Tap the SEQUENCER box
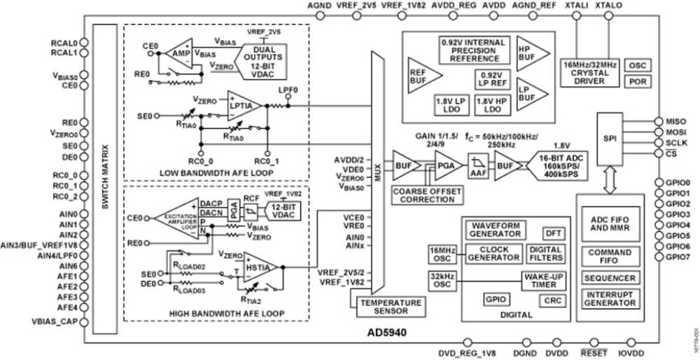609,278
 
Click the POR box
636,81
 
